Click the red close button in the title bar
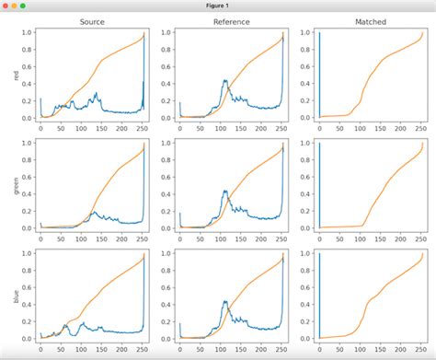click(7, 6)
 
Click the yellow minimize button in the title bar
click(20, 6)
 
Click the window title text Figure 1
click(218, 6)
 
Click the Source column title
click(92, 21)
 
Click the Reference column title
click(231, 21)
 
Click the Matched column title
click(370, 21)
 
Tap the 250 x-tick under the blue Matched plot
click(416, 350)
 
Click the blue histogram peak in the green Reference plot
click(225, 192)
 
